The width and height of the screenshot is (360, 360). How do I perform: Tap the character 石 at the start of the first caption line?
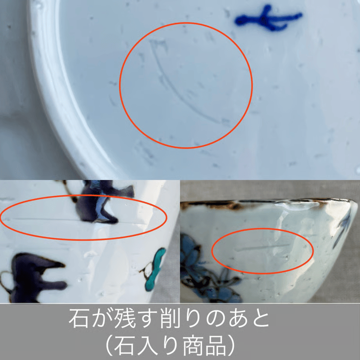pyautogui.click(x=78, y=319)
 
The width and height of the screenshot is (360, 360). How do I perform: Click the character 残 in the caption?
pyautogui.click(x=125, y=319)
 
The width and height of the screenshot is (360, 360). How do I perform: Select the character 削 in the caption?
pyautogui.click(x=170, y=319)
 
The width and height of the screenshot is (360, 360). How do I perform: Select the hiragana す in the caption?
pyautogui.click(x=147, y=319)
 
